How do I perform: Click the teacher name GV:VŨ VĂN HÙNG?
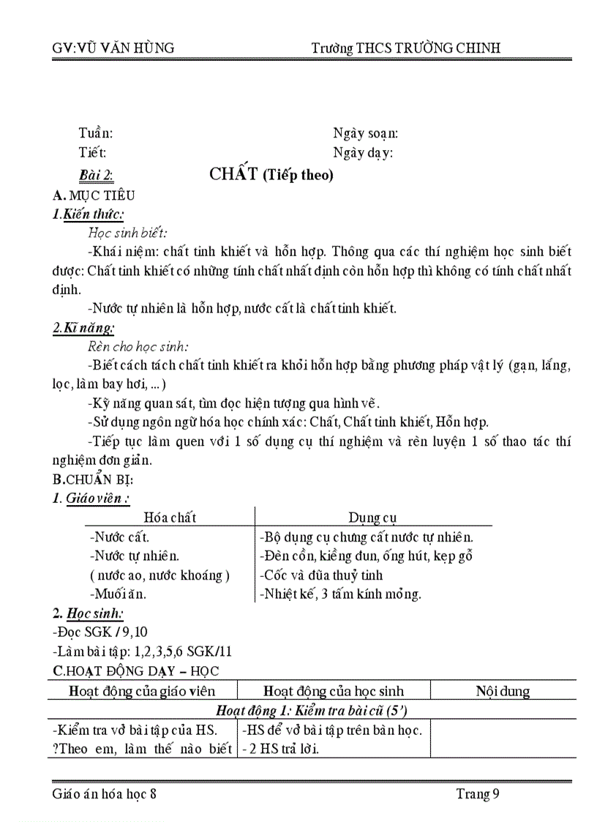113,48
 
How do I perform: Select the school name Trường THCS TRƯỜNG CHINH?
406,48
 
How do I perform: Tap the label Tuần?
96,133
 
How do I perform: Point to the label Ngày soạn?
366,133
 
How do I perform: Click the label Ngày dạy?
363,153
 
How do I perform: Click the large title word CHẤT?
233,174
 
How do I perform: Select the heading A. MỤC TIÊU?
94,195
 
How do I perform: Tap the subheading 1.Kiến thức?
89,214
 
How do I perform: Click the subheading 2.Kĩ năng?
83,329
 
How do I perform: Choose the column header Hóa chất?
170,518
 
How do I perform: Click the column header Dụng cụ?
373,518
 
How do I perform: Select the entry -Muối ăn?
118,594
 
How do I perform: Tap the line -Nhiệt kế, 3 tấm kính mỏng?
340,594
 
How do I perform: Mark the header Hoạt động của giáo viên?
142,691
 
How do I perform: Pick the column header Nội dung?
503,691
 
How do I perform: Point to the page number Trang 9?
478,793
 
